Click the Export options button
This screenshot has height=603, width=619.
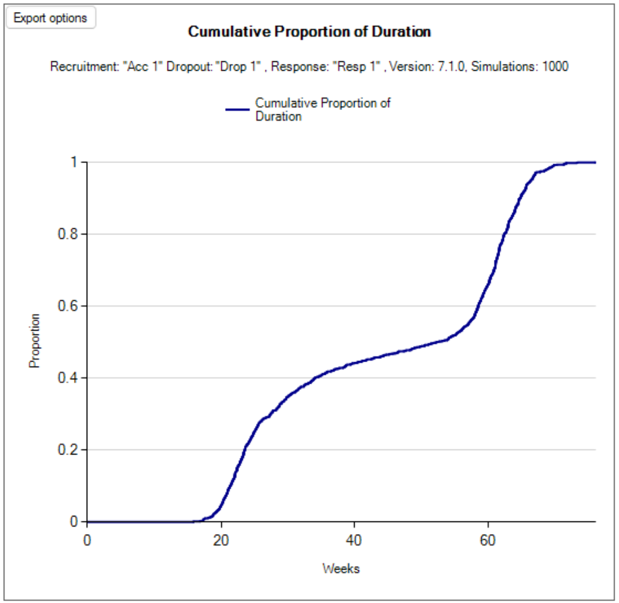[51, 18]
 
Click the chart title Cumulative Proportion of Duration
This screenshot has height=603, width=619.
[310, 32]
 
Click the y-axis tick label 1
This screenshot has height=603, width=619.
[73, 162]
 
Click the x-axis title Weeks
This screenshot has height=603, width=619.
[341, 569]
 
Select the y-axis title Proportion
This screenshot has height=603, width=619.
[35, 341]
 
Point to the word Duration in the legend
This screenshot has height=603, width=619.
[278, 116]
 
